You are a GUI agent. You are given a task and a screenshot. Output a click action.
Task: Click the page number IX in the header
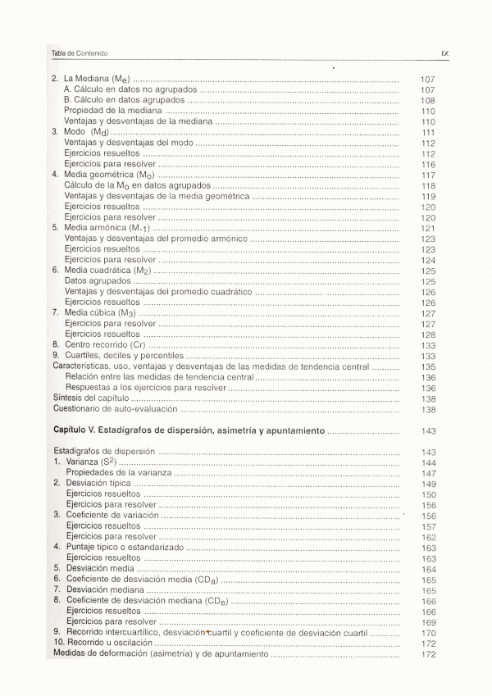444,53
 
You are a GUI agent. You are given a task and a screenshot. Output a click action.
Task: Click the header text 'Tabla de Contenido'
80,53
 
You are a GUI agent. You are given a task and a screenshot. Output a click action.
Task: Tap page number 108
427,100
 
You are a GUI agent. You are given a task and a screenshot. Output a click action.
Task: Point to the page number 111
427,132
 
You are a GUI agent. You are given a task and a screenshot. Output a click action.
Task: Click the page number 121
427,228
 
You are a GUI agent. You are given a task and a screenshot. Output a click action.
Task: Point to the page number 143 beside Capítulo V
427,430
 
